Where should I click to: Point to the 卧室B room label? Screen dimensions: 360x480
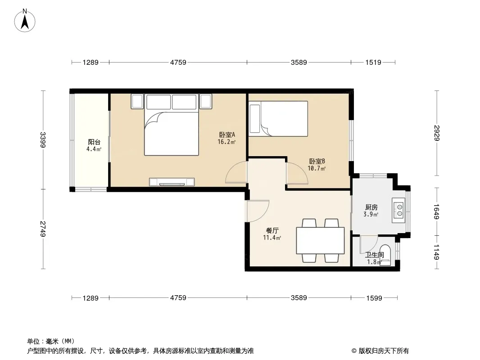[317, 161]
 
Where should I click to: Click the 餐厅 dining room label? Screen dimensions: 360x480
[272, 230]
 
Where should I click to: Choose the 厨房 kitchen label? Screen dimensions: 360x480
[371, 207]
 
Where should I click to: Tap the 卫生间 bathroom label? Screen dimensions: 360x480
[374, 255]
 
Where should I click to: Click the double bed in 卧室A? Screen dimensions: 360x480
[171, 130]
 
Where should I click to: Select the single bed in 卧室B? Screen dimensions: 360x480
[279, 118]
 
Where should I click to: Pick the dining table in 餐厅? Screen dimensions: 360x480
[320, 241]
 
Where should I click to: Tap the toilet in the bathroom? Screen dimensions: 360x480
[385, 254]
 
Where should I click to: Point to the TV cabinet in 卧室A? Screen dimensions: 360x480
[172, 182]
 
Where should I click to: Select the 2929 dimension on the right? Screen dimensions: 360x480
[437, 133]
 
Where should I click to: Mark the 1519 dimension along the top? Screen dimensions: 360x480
[374, 63]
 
